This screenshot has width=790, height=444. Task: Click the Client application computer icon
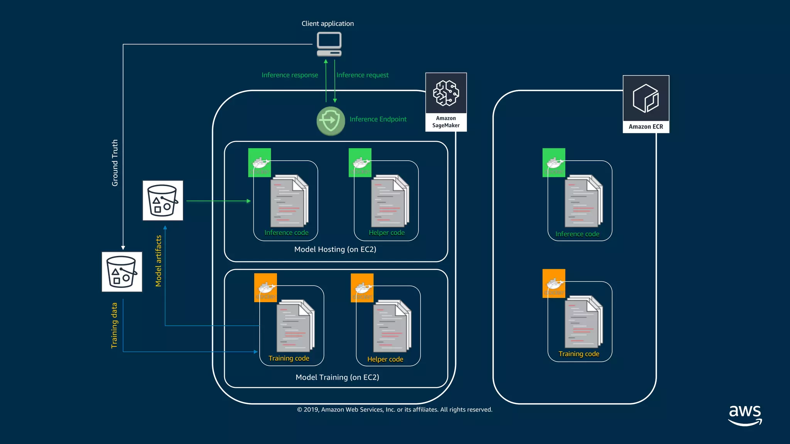[x=329, y=44]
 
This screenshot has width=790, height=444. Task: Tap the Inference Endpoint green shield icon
[x=331, y=121]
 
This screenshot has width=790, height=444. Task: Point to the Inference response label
[x=290, y=75]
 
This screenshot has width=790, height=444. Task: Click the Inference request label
[x=362, y=75]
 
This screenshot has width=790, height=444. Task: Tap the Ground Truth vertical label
[x=115, y=163]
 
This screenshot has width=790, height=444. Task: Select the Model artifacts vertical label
[x=158, y=261]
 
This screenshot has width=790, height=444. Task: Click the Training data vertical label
[x=114, y=325]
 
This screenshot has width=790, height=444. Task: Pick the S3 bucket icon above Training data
[x=122, y=272]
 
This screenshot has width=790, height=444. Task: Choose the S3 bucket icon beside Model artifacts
[x=163, y=200]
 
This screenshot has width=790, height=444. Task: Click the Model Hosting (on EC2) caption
[x=335, y=249]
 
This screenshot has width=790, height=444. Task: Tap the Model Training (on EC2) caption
[x=337, y=377]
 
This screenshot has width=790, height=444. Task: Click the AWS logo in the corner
[x=745, y=415]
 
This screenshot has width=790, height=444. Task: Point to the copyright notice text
[x=395, y=410]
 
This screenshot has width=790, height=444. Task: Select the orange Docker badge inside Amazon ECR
[x=554, y=283]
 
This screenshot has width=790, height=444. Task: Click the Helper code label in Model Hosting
[x=387, y=233]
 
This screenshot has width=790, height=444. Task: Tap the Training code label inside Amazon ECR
[x=579, y=354]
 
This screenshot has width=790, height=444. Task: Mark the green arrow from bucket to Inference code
[x=218, y=201]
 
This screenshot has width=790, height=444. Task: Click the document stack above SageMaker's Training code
[x=295, y=326]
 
